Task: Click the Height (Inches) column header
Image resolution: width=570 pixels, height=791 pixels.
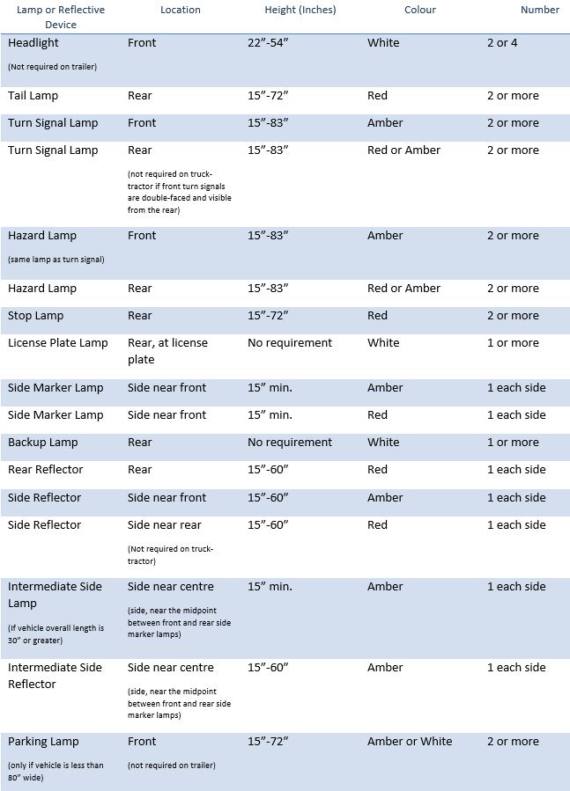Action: click(x=300, y=10)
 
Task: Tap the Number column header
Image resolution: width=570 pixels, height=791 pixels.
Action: click(x=539, y=10)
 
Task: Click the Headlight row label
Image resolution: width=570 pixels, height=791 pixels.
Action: click(x=33, y=43)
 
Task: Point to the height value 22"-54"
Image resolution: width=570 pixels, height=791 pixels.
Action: click(x=268, y=43)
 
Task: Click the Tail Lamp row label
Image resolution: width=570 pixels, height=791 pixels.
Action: click(x=33, y=96)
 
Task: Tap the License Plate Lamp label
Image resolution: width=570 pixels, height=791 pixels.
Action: click(x=57, y=343)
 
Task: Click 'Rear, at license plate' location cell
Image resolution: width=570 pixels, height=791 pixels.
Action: click(x=167, y=351)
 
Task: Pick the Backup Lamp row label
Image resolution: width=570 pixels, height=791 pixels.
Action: click(x=42, y=443)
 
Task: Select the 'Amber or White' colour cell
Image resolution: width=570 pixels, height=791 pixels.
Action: click(x=410, y=742)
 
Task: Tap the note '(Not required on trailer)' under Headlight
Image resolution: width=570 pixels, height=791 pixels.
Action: click(x=52, y=67)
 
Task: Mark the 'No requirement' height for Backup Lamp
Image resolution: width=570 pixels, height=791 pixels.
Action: click(x=290, y=443)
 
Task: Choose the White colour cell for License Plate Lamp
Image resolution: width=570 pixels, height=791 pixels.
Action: click(x=383, y=343)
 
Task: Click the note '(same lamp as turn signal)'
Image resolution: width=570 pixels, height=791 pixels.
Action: click(x=56, y=260)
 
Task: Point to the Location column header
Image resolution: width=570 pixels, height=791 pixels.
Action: click(x=181, y=10)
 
